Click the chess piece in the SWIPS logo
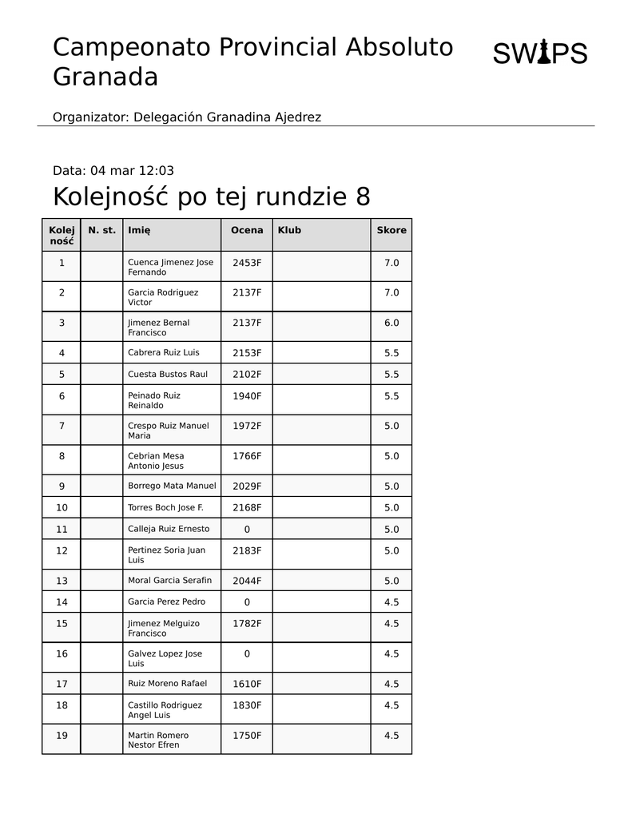[543, 53]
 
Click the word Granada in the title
[105, 77]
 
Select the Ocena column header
[247, 230]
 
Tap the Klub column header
[289, 230]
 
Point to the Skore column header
[392, 230]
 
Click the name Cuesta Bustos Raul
[168, 374]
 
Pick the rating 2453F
[247, 262]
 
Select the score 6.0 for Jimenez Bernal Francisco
[392, 323]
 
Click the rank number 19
[62, 736]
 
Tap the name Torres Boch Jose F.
[166, 507]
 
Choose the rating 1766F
[247, 456]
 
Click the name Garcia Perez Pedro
[167, 602]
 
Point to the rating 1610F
[247, 684]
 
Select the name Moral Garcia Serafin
[170, 580]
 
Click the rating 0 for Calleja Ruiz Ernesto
[247, 529]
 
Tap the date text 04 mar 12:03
[132, 170]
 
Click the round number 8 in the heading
[363, 197]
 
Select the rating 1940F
[247, 395]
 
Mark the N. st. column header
[101, 230]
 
